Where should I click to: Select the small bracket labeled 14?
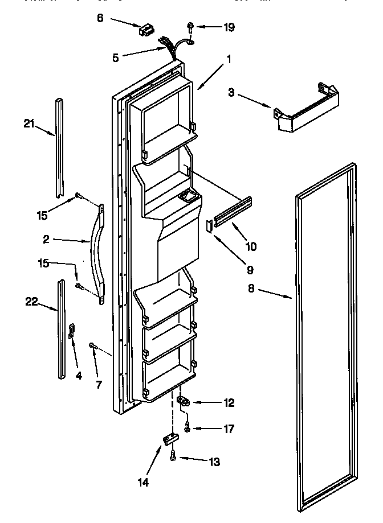point(169,438)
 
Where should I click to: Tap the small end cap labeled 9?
point(209,227)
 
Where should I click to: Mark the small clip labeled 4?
point(72,332)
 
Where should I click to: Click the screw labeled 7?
point(92,345)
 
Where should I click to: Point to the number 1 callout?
point(228,57)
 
